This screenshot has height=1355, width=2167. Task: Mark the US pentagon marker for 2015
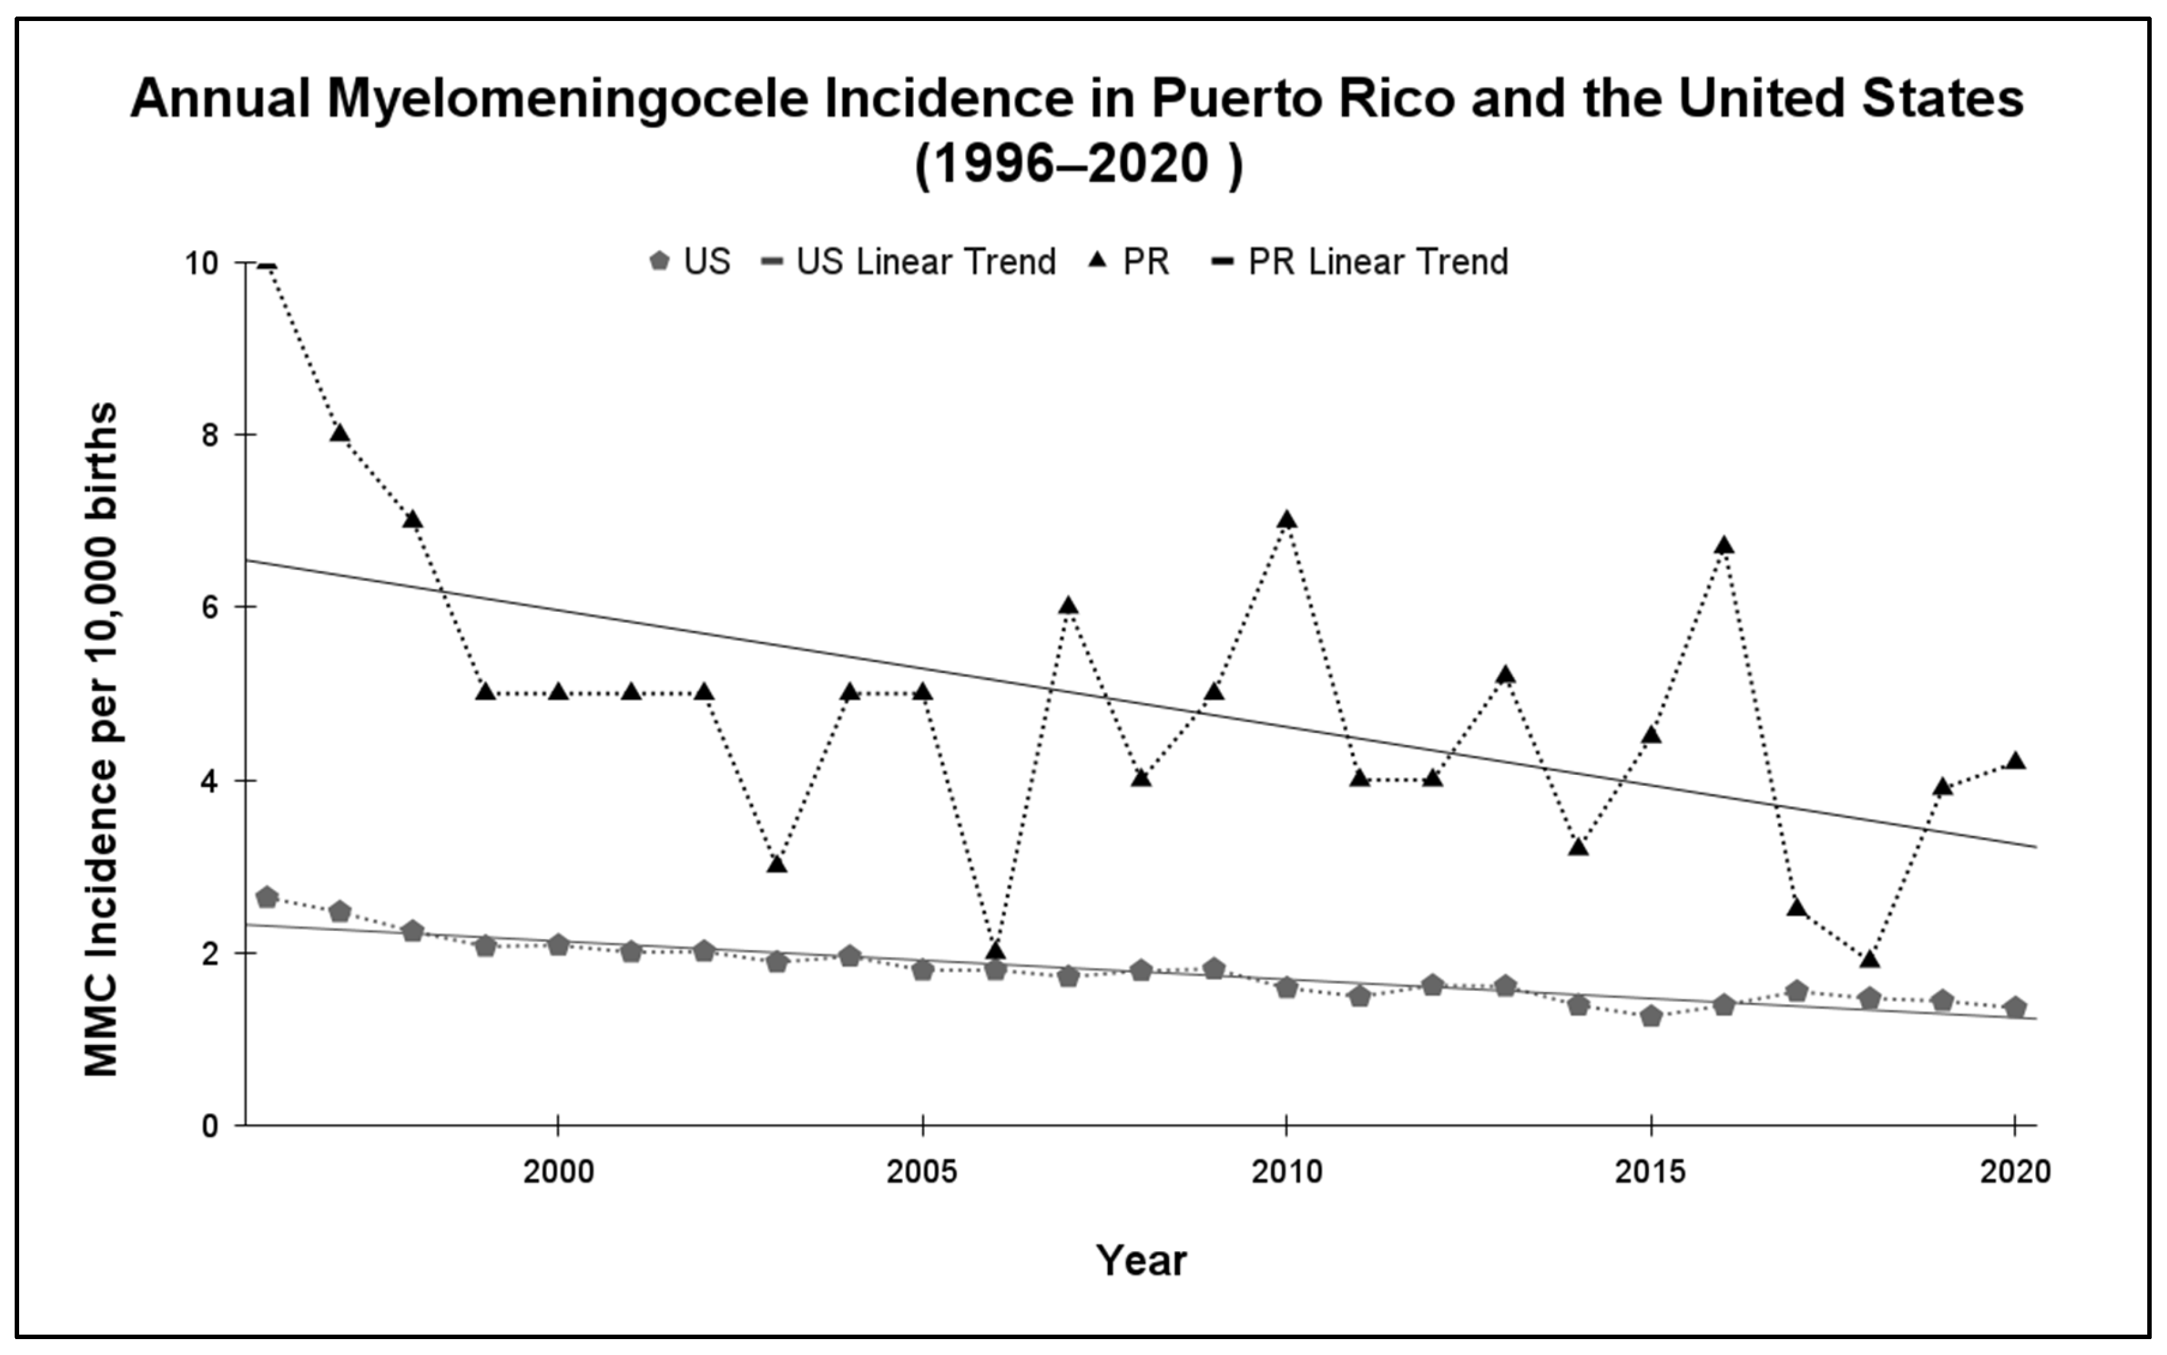tap(1652, 1016)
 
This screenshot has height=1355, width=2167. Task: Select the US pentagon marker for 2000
tap(559, 944)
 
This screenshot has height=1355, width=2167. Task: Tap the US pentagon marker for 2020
tap(2015, 1007)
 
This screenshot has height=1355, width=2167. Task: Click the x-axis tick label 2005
tap(923, 1171)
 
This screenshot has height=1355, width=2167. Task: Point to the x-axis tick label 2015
tap(1651, 1171)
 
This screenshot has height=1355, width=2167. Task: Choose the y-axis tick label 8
tap(210, 436)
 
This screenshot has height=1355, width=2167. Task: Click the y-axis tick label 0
tap(210, 1126)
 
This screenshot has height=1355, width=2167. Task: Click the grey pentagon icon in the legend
tap(660, 262)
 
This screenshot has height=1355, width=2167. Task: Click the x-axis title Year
tap(1141, 1260)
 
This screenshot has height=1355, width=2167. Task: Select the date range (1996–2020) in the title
tap(1079, 164)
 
